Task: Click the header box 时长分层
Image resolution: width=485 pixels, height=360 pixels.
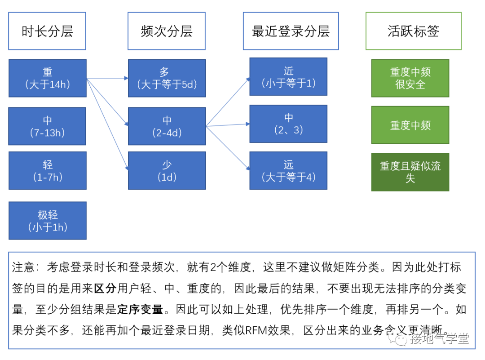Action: pyautogui.click(x=47, y=31)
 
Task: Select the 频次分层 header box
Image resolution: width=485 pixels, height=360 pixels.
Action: pyautogui.click(x=167, y=31)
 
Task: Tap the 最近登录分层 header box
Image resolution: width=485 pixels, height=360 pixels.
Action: pyautogui.click(x=291, y=31)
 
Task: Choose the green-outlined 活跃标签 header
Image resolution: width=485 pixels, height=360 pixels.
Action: pyautogui.click(x=413, y=31)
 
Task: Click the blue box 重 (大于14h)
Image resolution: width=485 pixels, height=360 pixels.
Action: pyautogui.click(x=47, y=78)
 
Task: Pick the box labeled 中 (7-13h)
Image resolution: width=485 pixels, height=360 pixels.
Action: pyautogui.click(x=47, y=126)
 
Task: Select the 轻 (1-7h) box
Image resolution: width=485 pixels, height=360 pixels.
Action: pyautogui.click(x=47, y=171)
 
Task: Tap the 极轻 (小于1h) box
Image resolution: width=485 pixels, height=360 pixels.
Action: pyautogui.click(x=47, y=221)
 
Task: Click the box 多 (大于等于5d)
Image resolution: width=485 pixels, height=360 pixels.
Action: pyautogui.click(x=167, y=78)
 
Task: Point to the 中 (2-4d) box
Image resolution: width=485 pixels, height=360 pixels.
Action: pyautogui.click(x=167, y=126)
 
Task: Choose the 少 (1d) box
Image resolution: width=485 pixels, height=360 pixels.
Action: pyautogui.click(x=167, y=171)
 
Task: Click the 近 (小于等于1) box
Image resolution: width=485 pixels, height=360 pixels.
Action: pyautogui.click(x=288, y=77)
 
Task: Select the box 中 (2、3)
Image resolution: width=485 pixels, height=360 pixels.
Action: pyautogui.click(x=288, y=124)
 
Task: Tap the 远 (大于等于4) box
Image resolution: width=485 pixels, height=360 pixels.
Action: pyautogui.click(x=288, y=171)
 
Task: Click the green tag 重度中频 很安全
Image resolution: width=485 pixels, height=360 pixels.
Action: pyautogui.click(x=410, y=78)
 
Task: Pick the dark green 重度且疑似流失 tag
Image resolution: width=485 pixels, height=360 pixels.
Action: pyautogui.click(x=410, y=172)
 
